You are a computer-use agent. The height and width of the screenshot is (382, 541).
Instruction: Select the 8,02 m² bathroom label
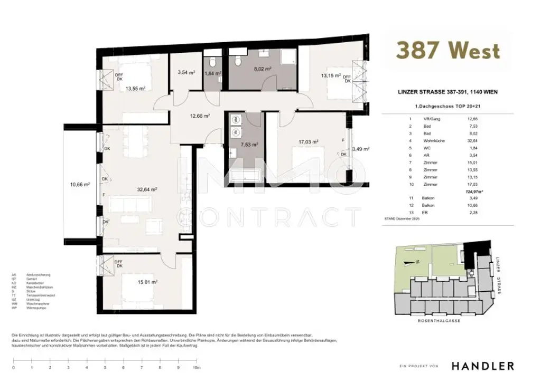[263, 69]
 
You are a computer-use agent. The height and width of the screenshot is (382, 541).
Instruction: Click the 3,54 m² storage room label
[186, 73]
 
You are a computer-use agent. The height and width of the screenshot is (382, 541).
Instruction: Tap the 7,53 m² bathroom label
[248, 144]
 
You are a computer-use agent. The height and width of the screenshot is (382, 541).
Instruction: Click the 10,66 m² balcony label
[80, 184]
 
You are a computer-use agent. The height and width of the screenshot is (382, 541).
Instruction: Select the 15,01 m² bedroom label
[148, 282]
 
